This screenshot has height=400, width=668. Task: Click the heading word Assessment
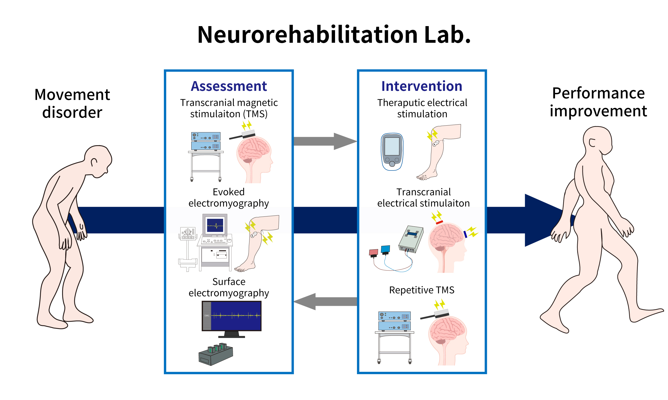(229, 86)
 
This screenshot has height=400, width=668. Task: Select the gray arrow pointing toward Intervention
(325, 141)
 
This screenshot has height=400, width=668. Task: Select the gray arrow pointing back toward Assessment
(325, 302)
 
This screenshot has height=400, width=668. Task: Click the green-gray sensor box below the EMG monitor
(216, 354)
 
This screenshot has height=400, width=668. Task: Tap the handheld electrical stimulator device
(392, 152)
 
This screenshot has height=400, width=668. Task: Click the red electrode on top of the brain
(439, 222)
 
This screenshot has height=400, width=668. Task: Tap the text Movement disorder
(72, 103)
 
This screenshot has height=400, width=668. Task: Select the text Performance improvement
(598, 102)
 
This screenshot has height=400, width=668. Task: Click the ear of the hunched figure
(94, 162)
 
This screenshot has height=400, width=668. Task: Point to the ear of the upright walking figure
(592, 143)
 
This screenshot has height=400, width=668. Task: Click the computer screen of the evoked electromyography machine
(215, 225)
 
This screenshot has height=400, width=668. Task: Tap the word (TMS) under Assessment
(255, 114)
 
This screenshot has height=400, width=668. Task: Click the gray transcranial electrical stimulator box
(411, 239)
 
